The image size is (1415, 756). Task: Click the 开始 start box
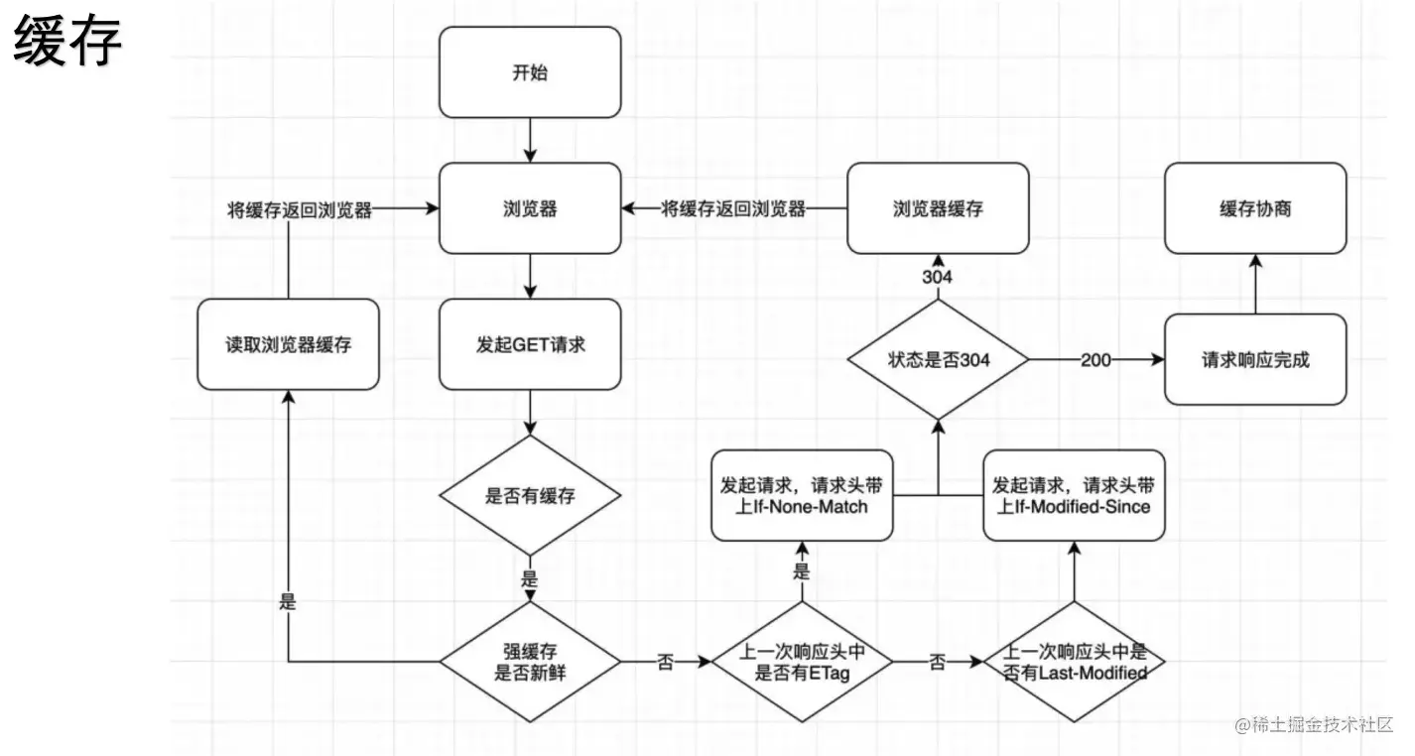click(x=530, y=72)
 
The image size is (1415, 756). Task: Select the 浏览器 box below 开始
click(x=530, y=209)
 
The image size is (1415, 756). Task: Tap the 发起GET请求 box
click(x=530, y=345)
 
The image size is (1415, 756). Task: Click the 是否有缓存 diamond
click(x=530, y=496)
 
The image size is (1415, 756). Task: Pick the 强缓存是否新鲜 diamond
click(x=530, y=662)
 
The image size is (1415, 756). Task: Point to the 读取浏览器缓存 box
click(x=288, y=344)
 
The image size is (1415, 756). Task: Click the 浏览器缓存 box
click(x=938, y=209)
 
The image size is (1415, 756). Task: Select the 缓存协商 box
click(x=1255, y=209)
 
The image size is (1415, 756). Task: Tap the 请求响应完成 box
click(x=1255, y=359)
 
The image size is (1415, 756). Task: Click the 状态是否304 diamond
click(x=938, y=360)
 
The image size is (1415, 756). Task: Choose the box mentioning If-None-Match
click(x=803, y=496)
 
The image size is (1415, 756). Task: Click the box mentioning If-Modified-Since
click(x=1073, y=496)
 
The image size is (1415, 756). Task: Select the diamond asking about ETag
click(x=803, y=662)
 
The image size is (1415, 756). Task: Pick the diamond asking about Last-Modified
click(x=1073, y=662)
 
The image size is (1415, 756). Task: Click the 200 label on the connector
click(x=1095, y=360)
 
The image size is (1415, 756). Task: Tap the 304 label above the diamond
click(x=938, y=277)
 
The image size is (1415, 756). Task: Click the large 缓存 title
click(x=67, y=45)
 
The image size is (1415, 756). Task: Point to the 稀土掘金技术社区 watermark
click(x=1314, y=725)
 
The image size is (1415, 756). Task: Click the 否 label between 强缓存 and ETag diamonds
click(x=665, y=663)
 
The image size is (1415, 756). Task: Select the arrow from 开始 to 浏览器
click(x=530, y=140)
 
